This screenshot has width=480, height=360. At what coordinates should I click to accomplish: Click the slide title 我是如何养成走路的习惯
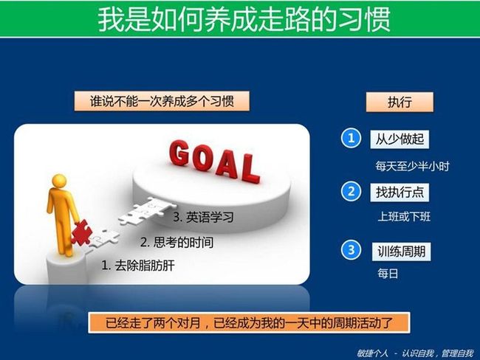244,20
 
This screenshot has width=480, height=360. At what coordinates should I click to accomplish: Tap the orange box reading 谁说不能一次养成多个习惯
162,101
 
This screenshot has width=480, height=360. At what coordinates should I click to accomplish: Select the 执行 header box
400,102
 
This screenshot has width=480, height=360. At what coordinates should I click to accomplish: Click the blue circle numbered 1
351,138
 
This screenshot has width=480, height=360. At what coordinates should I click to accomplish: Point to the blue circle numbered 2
351,192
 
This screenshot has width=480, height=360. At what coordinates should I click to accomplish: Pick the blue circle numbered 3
351,250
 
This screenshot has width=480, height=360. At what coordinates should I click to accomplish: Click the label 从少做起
400,139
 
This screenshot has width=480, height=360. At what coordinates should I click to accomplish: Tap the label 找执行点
400,193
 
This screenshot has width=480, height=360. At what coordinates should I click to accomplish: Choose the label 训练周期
401,252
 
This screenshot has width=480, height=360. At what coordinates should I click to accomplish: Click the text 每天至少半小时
412,167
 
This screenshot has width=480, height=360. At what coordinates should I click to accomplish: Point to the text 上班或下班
404,217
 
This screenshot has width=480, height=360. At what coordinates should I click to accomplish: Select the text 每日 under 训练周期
388,274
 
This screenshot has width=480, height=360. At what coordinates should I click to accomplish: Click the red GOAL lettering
214,162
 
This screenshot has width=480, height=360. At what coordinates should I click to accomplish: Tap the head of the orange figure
59,181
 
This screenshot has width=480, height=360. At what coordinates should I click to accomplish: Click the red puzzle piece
81,232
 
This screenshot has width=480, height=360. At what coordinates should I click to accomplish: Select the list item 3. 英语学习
203,217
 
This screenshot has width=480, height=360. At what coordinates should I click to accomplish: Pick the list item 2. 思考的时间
177,242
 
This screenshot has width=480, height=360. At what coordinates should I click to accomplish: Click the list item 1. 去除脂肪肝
138,265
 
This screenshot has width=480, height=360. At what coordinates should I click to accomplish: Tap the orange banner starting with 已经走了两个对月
249,323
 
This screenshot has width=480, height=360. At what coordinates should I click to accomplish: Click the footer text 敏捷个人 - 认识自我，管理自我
416,353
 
